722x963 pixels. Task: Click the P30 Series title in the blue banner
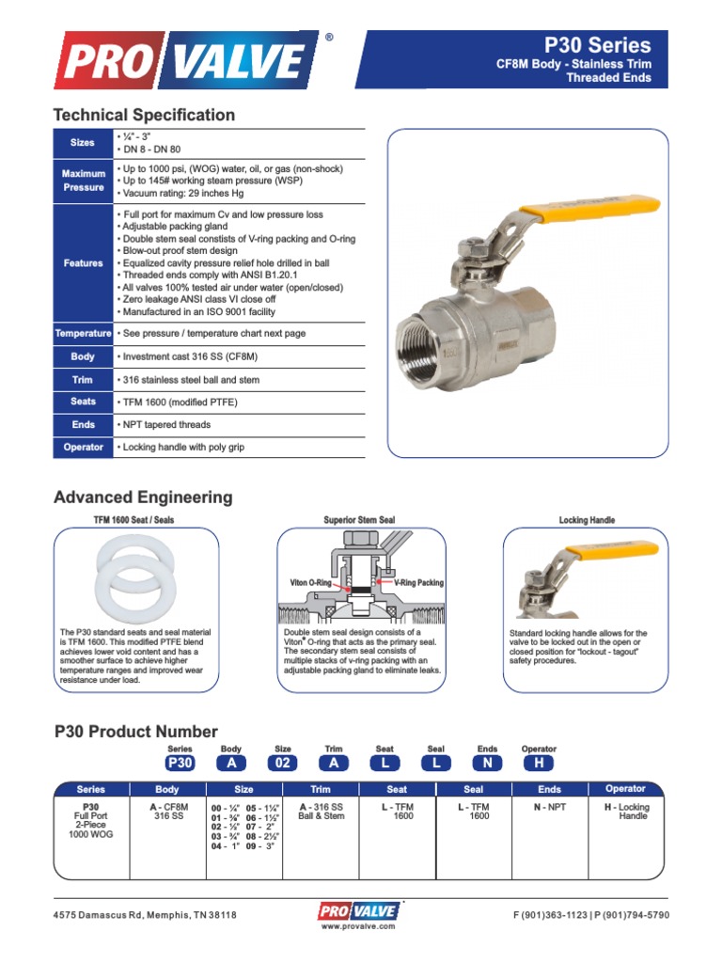tap(598, 44)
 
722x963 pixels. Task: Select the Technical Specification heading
tap(144, 115)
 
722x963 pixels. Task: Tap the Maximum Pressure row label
tap(83, 181)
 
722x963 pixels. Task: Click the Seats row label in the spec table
tap(83, 403)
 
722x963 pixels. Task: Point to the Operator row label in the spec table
tap(83, 448)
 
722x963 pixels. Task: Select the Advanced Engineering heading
tap(143, 497)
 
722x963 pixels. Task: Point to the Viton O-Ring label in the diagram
tap(311, 583)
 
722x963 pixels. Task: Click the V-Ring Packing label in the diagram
tap(418, 583)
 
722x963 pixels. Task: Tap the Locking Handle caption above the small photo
tap(587, 520)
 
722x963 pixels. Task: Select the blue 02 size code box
tap(282, 764)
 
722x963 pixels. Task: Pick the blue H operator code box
tap(539, 764)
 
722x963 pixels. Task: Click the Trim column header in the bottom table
tap(321, 789)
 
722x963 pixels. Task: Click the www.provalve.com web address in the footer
tap(358, 926)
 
